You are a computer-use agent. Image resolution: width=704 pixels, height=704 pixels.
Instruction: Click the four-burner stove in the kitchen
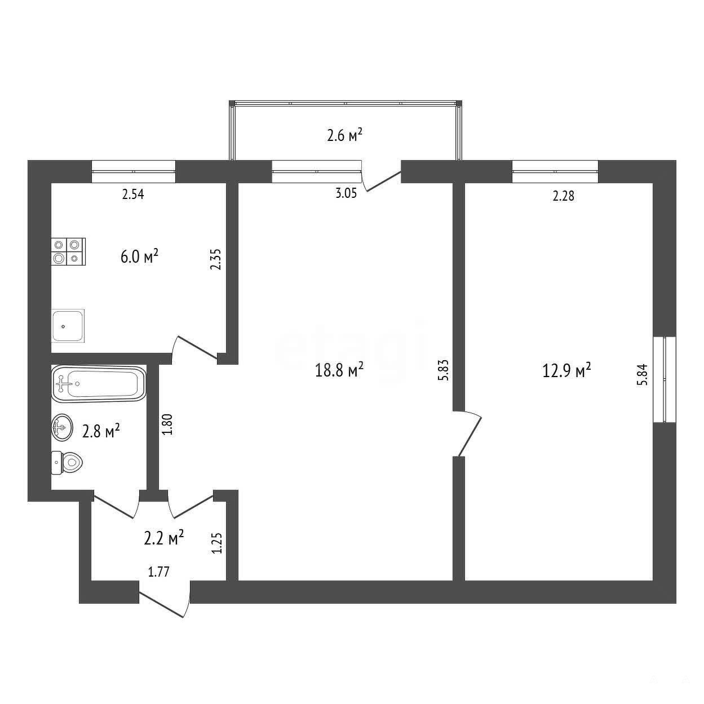coord(68,251)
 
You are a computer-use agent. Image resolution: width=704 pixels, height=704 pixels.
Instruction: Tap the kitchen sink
coord(68,326)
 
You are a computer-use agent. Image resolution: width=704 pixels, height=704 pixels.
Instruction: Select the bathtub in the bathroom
coord(99,384)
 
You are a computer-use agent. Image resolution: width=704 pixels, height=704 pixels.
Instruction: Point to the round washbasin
coord(62,427)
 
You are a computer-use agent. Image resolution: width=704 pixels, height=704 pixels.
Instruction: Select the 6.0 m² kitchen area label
coord(139,256)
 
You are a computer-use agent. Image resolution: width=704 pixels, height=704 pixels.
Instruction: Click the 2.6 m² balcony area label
coord(344,135)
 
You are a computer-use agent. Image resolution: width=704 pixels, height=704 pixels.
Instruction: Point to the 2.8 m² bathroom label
coord(101,431)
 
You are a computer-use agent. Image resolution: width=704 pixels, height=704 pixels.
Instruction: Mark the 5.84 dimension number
coord(642,374)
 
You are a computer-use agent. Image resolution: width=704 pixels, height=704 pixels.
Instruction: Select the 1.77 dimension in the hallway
coord(158,572)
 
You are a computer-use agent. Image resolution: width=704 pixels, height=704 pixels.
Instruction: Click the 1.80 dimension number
coord(167,424)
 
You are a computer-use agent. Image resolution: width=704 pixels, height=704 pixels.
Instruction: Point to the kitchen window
coord(134,171)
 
